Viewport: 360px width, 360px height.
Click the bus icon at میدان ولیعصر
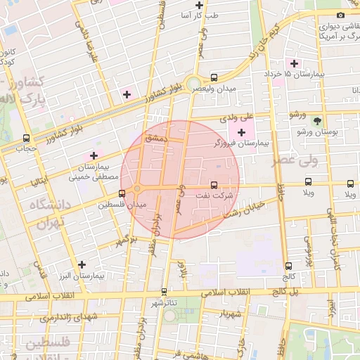pos(214,77)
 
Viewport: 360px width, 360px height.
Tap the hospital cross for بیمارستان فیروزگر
pos(242,132)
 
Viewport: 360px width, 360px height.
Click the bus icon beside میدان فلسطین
pos(122,193)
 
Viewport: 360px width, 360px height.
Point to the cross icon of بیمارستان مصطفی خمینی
pos(93,155)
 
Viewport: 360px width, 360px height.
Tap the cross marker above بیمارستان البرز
pos(82,265)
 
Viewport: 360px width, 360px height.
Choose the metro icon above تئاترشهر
pos(164,291)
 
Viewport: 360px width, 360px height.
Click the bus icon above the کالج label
pos(288,266)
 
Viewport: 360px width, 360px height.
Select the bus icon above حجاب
pos(27,138)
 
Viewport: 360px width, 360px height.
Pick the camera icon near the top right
pos(341,15)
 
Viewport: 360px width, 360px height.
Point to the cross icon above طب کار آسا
pos(200,4)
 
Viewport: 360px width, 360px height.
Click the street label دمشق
pos(153,139)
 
